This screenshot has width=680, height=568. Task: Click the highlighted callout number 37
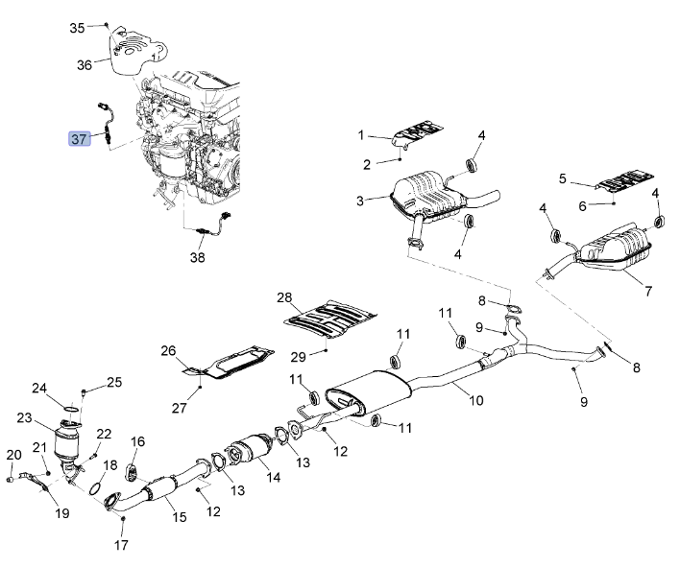79,138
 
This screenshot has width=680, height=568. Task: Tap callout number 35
78,27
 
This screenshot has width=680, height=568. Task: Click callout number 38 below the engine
197,257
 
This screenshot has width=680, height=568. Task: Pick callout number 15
180,517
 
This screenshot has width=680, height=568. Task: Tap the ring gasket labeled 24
69,411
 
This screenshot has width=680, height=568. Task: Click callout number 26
169,351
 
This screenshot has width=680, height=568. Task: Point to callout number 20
13,455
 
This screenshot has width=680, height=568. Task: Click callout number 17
120,546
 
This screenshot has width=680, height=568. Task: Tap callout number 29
299,356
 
